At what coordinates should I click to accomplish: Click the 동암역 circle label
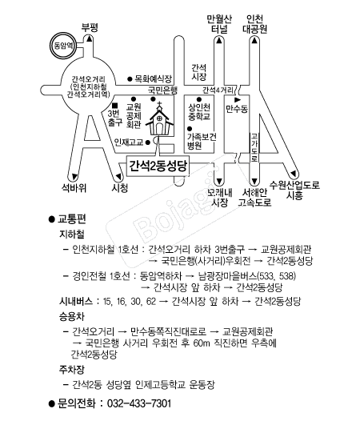(61, 46)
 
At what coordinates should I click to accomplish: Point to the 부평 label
(88, 27)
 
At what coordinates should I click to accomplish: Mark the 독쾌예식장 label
(152, 78)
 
